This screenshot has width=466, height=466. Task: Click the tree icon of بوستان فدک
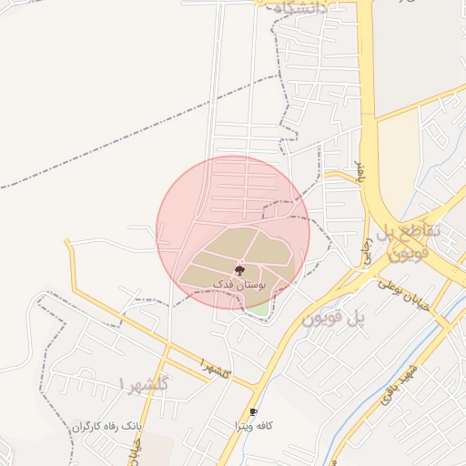(239, 269)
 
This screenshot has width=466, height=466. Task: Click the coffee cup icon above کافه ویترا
(253, 412)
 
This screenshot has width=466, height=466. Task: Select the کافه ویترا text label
(253, 426)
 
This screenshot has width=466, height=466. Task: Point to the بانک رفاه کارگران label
(107, 426)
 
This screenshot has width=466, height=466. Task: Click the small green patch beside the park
(259, 307)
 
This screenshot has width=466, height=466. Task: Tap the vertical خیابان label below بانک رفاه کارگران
(137, 451)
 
